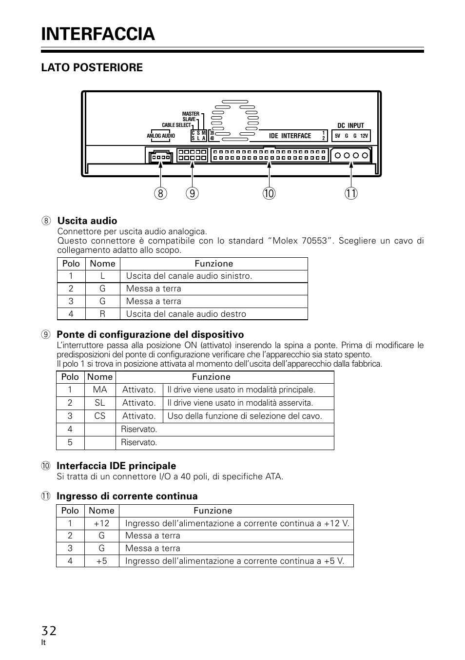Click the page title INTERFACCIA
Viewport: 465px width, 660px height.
pyautogui.click(x=98, y=34)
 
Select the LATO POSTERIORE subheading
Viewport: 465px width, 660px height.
pyautogui.click(x=92, y=68)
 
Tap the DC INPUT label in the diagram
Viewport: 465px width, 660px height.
pyautogui.click(x=350, y=125)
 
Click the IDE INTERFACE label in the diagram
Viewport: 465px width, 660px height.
pyautogui.click(x=290, y=136)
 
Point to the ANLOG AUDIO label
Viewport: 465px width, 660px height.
pyautogui.click(x=161, y=136)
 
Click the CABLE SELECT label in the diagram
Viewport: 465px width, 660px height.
pyautogui.click(x=176, y=125)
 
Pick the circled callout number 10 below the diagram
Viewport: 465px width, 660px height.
pyautogui.click(x=269, y=193)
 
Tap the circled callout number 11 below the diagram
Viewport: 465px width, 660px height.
pyautogui.click(x=351, y=193)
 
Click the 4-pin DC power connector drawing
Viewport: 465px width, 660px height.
pyautogui.click(x=351, y=156)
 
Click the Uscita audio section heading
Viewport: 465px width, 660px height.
pyautogui.click(x=87, y=221)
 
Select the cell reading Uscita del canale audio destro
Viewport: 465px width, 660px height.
pyautogui.click(x=186, y=314)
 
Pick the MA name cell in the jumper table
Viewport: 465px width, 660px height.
pyautogui.click(x=100, y=390)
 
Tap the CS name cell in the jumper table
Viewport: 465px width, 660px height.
pyautogui.click(x=100, y=416)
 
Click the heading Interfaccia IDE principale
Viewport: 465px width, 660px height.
pyautogui.click(x=116, y=466)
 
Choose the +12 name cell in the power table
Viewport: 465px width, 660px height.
pyautogui.click(x=101, y=523)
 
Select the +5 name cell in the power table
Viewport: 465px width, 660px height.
pyautogui.click(x=101, y=561)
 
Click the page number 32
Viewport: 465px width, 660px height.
pyautogui.click(x=49, y=631)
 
